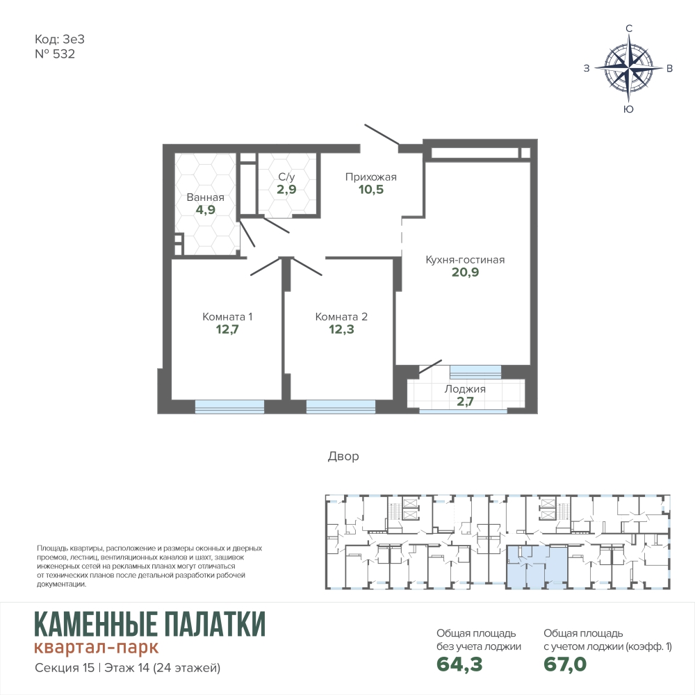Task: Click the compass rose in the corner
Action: tap(628, 68)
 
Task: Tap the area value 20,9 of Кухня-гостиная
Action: tap(466, 272)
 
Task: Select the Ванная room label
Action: tap(205, 197)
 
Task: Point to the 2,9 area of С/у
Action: tap(286, 190)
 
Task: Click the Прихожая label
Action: tap(371, 177)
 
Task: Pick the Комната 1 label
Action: tap(227, 317)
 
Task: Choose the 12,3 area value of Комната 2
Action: tap(341, 329)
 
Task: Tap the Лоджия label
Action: tap(465, 389)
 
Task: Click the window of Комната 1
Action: tap(229, 407)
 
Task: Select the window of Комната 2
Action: tap(341, 407)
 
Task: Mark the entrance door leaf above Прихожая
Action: tap(382, 135)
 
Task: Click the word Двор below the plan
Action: tap(343, 456)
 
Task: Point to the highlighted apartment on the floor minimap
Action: tap(537, 567)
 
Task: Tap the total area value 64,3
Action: tap(459, 664)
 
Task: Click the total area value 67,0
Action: tap(565, 664)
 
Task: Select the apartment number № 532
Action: tap(55, 54)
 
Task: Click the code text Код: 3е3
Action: tap(59, 40)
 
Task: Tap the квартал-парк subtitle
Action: tap(96, 648)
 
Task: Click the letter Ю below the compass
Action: tap(628, 110)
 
